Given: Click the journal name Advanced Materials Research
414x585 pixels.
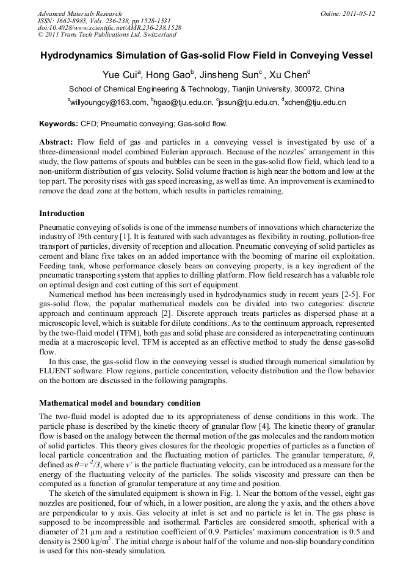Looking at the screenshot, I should pos(79,13).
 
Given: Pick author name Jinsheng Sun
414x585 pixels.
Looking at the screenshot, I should pos(232,76).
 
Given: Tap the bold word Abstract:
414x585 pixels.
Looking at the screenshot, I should pos(56,142).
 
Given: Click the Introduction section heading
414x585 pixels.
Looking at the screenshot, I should pos(62,214).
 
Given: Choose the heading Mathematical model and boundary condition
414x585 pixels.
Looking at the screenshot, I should pos(120,403).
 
